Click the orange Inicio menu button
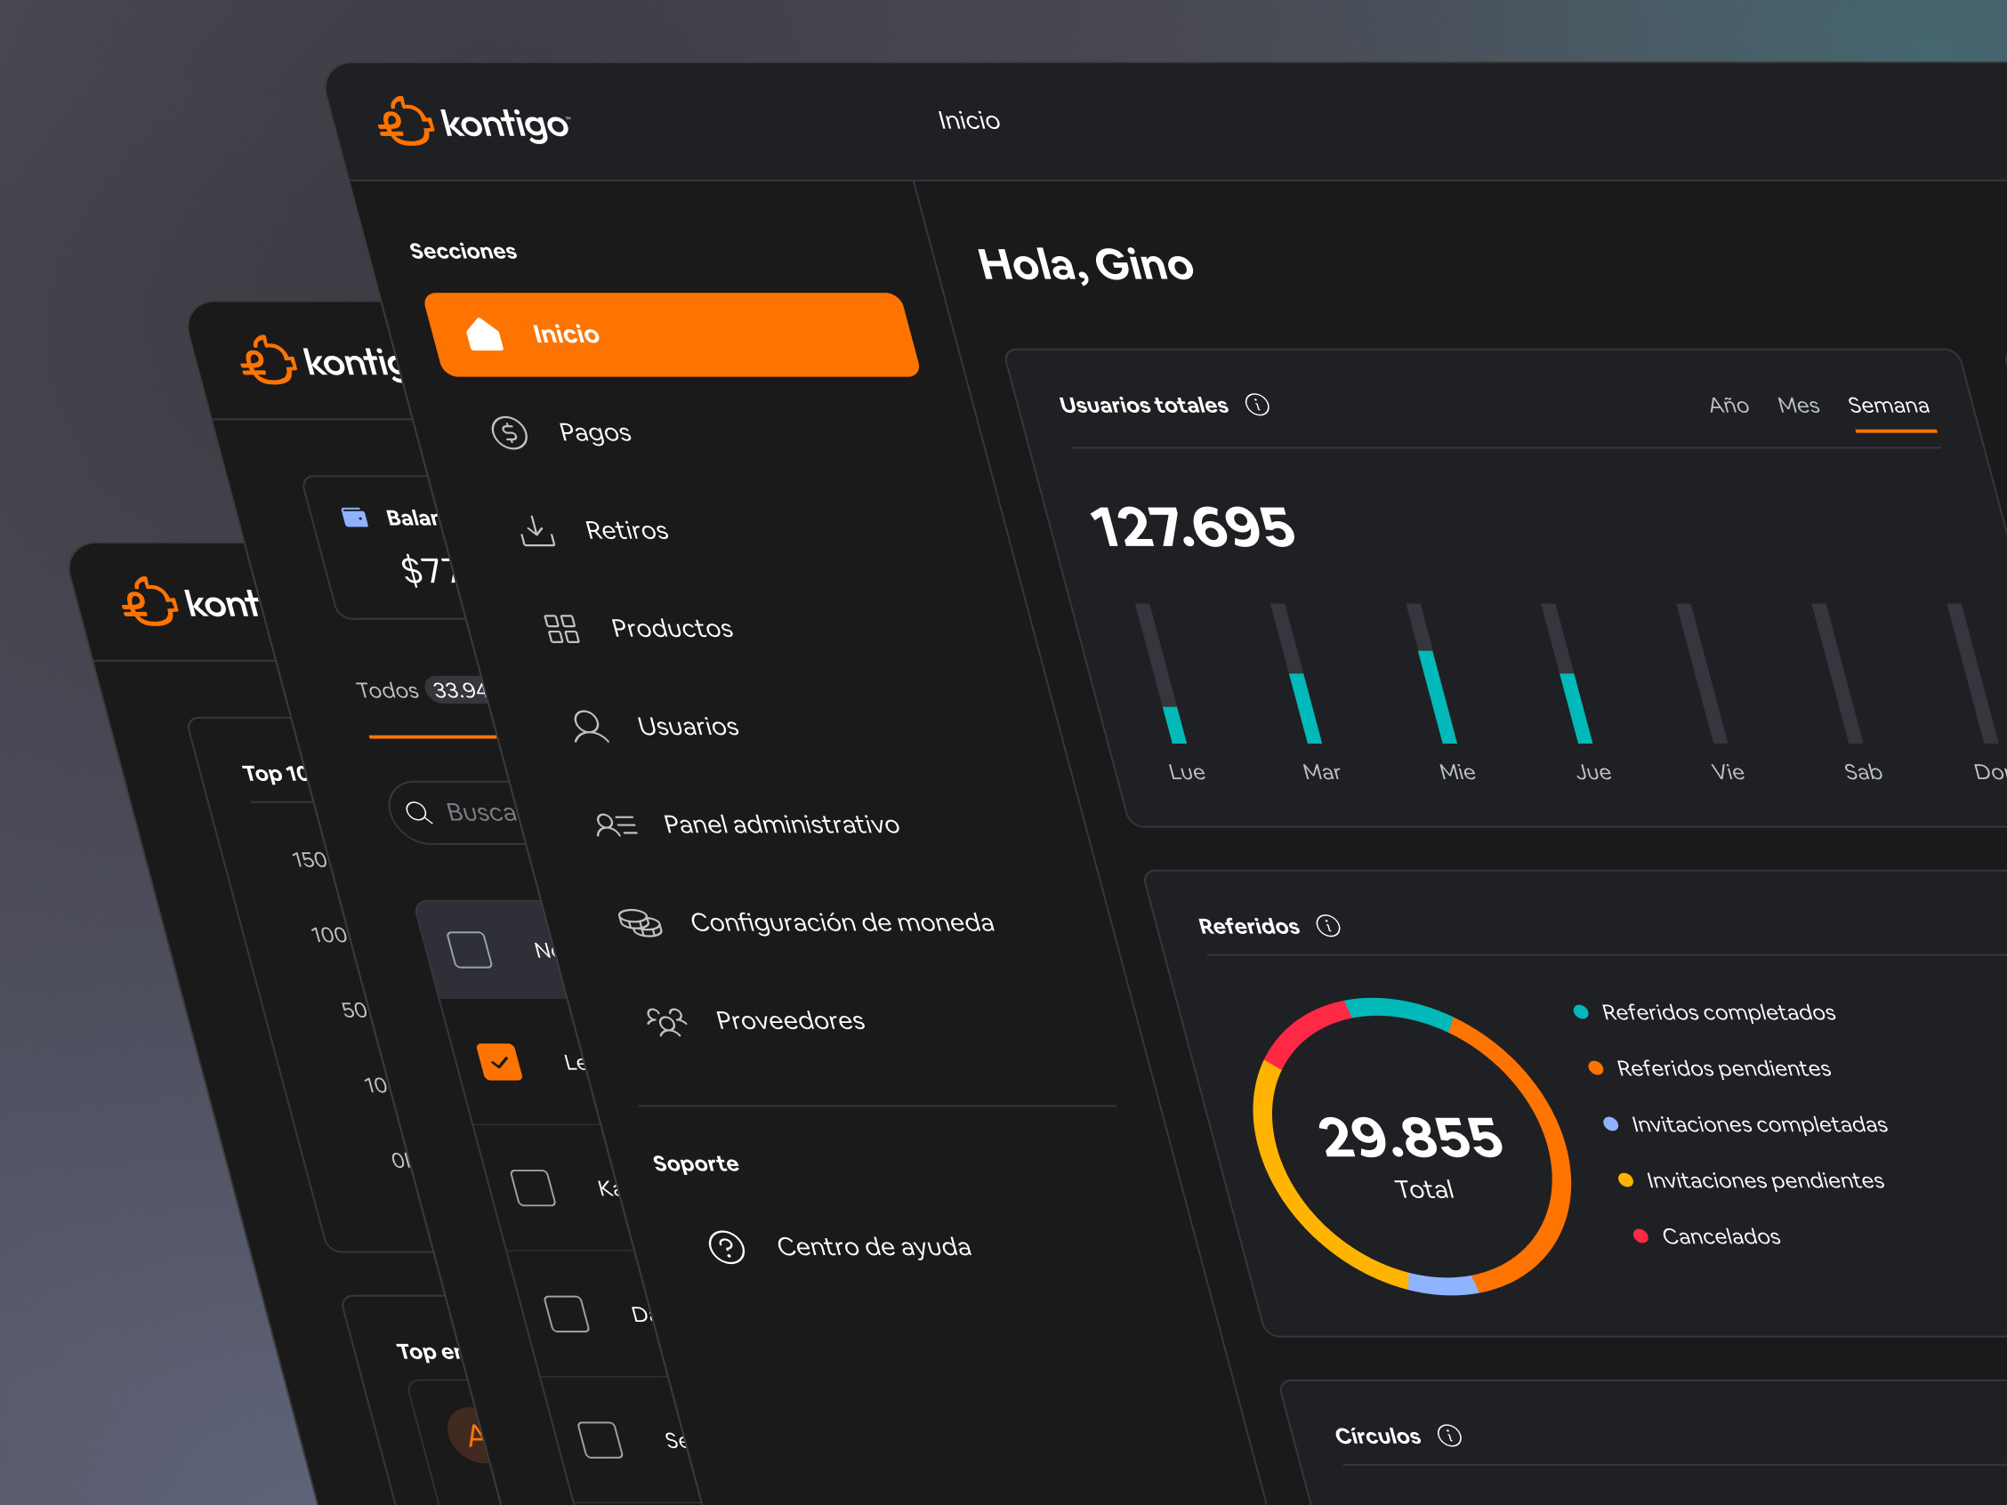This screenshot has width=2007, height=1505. tap(672, 334)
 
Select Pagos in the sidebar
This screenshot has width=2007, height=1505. tap(593, 432)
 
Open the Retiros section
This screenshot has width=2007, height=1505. tap(625, 531)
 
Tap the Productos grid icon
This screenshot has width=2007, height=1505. tap(560, 629)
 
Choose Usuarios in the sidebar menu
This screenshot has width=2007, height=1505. tap(687, 727)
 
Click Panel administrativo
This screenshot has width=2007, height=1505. tap(780, 825)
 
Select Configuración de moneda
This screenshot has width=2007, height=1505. tap(841, 922)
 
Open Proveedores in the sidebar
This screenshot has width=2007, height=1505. tap(788, 1020)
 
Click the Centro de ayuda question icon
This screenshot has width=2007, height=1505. tap(727, 1247)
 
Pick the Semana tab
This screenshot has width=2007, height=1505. tap(1888, 406)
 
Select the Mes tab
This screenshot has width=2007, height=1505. tap(1798, 406)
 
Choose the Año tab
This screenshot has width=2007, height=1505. tap(1729, 406)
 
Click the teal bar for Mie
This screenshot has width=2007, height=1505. tap(1438, 696)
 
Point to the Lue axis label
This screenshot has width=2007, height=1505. tap(1187, 772)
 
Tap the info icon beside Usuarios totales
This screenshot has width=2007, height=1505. tap(1258, 405)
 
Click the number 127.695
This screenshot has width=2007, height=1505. tap(1192, 527)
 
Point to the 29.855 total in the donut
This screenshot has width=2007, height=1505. tap(1413, 1138)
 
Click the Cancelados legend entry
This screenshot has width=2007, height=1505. tap(1720, 1236)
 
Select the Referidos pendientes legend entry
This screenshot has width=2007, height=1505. tap(1722, 1068)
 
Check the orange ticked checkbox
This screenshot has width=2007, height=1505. tap(500, 1061)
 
